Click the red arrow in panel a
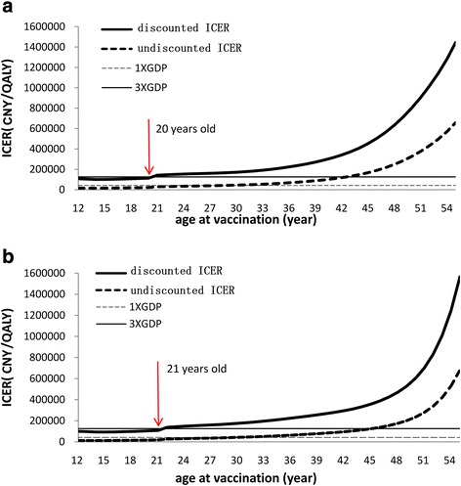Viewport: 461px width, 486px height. coord(148,147)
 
